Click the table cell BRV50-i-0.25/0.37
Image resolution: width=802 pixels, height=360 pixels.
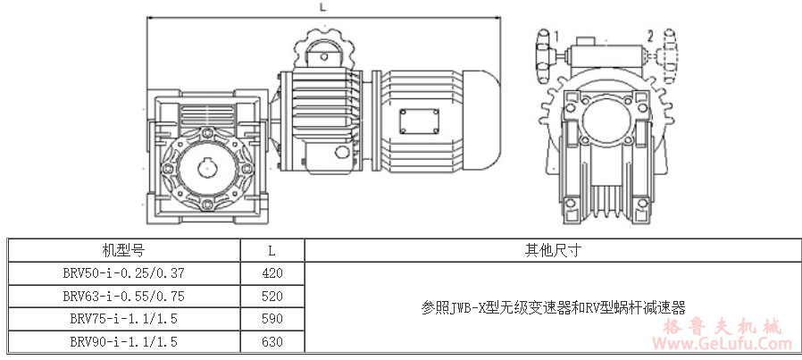(x=123, y=272)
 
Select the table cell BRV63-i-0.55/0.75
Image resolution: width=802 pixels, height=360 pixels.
(x=123, y=296)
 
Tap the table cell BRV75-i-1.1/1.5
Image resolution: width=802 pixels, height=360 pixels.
(x=123, y=318)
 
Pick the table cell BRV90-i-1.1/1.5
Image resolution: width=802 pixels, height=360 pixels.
(x=123, y=341)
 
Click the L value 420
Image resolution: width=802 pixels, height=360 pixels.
(x=272, y=272)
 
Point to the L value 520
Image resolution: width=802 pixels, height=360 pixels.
(x=272, y=296)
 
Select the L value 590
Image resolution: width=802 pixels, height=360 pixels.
(x=272, y=318)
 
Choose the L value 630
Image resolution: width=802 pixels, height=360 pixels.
(x=272, y=341)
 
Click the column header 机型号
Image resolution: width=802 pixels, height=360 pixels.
(x=123, y=250)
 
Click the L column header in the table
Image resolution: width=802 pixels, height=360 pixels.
(x=272, y=250)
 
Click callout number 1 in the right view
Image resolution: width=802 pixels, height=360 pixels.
(x=556, y=36)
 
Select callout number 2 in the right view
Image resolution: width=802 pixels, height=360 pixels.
(x=650, y=36)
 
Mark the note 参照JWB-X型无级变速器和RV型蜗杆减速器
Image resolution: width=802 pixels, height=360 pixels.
(x=553, y=307)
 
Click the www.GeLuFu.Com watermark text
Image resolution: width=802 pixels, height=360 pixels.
(x=725, y=344)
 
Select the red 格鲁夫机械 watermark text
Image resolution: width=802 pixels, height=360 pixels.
(x=725, y=326)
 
